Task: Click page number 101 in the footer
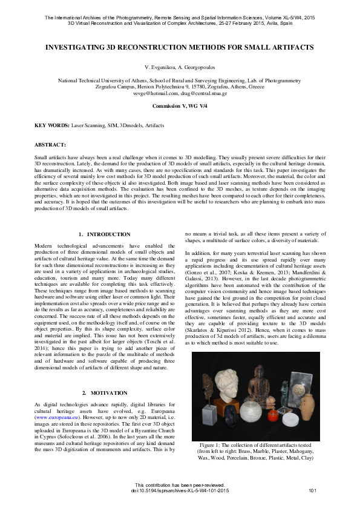(x=313, y=490)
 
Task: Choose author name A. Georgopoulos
(x=198, y=68)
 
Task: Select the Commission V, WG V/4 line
(x=180, y=106)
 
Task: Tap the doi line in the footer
(x=180, y=490)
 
